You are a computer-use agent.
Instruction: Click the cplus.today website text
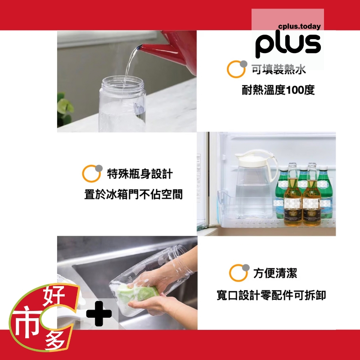tap(299, 27)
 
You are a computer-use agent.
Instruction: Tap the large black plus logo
tap(288, 45)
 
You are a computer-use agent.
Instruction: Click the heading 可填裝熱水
tap(279, 69)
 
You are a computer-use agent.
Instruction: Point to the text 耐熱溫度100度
tap(278, 90)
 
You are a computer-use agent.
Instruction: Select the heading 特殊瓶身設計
tap(140, 174)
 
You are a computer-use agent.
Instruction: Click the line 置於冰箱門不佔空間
tap(134, 194)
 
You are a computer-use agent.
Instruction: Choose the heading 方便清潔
tap(275, 273)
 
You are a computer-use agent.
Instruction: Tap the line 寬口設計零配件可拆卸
tap(271, 295)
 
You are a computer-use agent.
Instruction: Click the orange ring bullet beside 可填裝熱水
tap(235, 69)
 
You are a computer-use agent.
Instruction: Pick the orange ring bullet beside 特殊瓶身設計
tap(91, 174)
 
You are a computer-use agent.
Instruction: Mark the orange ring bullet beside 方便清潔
tap(238, 273)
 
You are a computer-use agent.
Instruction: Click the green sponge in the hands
tap(138, 293)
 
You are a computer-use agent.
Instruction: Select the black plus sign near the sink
tap(99, 313)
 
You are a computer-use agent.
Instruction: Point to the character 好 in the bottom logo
tap(54, 296)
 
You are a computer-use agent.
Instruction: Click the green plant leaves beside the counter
tap(65, 108)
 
